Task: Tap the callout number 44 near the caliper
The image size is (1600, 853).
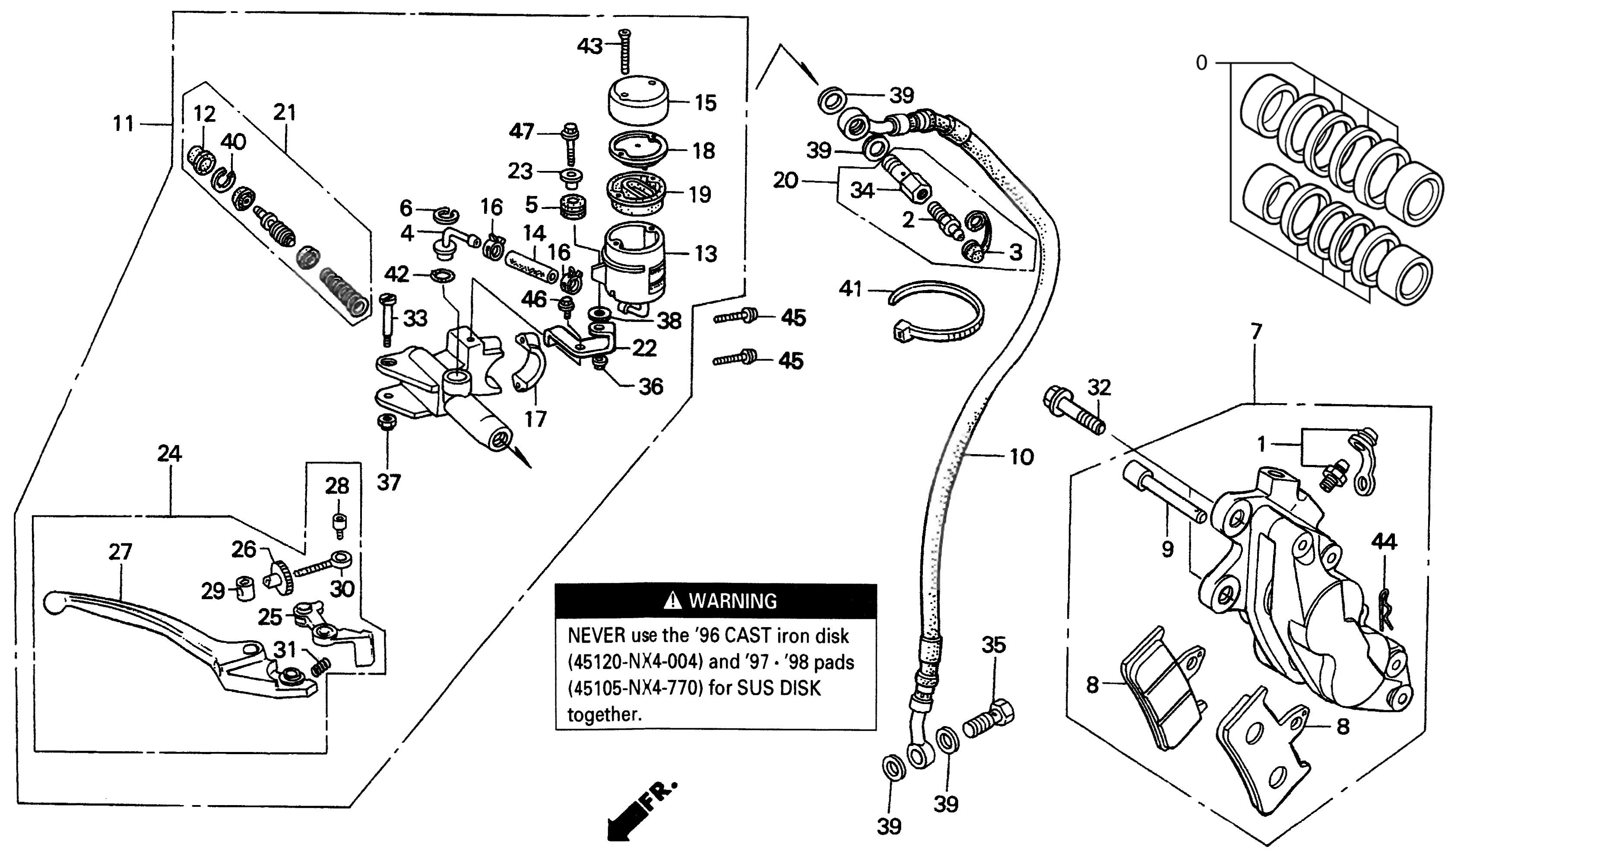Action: [x=1384, y=542]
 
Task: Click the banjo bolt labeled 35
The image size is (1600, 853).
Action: [x=989, y=720]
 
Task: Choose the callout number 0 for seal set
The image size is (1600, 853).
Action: [x=1202, y=63]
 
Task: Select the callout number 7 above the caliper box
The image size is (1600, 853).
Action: [x=1256, y=332]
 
